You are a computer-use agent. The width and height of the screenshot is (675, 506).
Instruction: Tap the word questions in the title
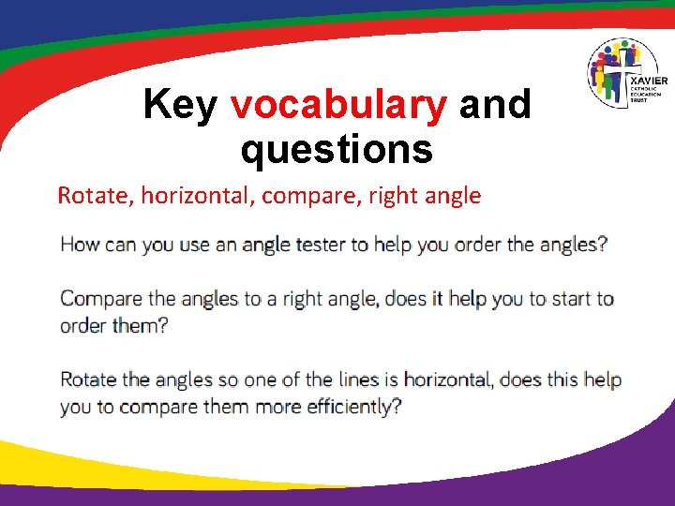(x=336, y=149)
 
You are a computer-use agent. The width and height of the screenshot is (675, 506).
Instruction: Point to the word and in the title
(x=495, y=105)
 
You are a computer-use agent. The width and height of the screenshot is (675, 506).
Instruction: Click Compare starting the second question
(x=99, y=300)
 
